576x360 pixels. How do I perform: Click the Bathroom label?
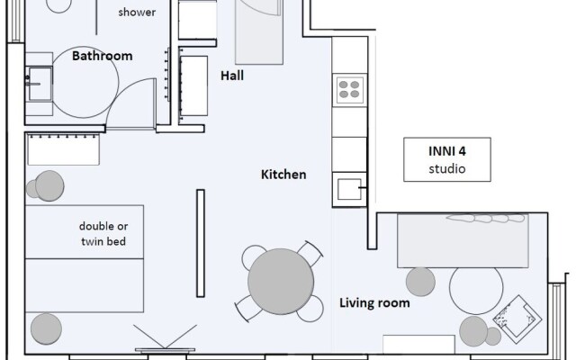(102, 56)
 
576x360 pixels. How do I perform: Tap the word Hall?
(232, 76)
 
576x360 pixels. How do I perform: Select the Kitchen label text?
(283, 175)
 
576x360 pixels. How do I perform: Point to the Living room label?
(374, 302)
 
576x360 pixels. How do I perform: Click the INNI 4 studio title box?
(447, 159)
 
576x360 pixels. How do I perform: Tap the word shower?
(137, 13)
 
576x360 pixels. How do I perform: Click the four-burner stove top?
(349, 90)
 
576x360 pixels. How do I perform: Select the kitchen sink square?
(349, 189)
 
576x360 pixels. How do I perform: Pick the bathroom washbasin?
(39, 84)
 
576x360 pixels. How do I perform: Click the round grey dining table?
(281, 282)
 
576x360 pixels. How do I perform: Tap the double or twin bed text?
(103, 234)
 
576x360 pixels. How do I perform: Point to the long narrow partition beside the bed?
(201, 243)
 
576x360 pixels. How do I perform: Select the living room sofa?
(463, 240)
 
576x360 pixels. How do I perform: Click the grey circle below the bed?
(46, 328)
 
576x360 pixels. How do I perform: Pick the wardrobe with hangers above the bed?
(63, 149)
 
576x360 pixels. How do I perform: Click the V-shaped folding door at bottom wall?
(165, 337)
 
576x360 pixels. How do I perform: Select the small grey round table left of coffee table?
(420, 282)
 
